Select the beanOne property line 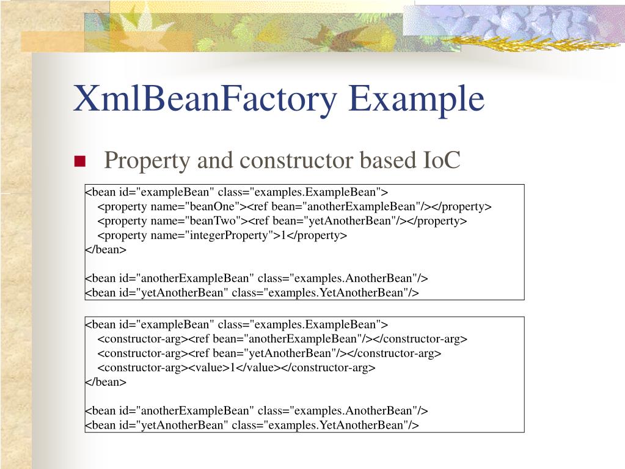point(294,206)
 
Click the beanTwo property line point(282,221)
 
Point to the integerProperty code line point(222,235)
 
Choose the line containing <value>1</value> point(236,367)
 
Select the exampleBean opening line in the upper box point(236,192)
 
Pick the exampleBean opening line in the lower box point(236,324)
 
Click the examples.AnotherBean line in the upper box point(257,278)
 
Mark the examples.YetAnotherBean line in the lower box point(252,425)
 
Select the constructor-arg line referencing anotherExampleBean point(282,338)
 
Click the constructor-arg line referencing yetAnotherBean point(269,353)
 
